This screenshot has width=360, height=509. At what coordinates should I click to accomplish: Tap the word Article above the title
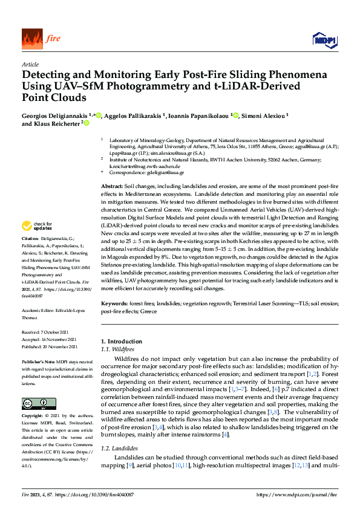coord(30,65)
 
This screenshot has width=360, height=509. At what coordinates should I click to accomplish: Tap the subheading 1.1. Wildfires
coord(118,349)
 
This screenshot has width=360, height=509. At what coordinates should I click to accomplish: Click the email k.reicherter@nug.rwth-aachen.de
coord(146,166)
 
